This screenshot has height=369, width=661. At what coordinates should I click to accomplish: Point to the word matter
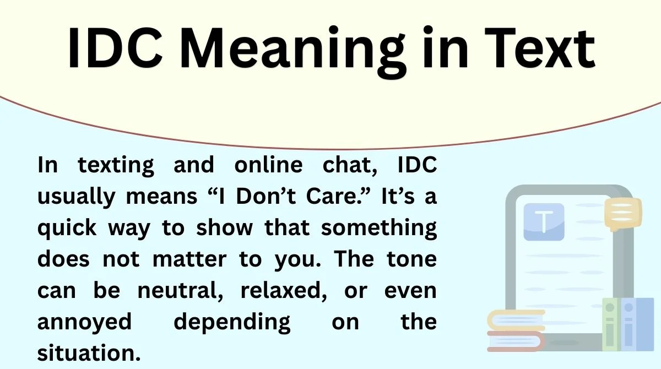(x=189, y=259)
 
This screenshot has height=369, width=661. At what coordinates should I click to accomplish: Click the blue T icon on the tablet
(x=544, y=221)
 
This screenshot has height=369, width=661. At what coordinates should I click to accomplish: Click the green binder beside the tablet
(x=610, y=325)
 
